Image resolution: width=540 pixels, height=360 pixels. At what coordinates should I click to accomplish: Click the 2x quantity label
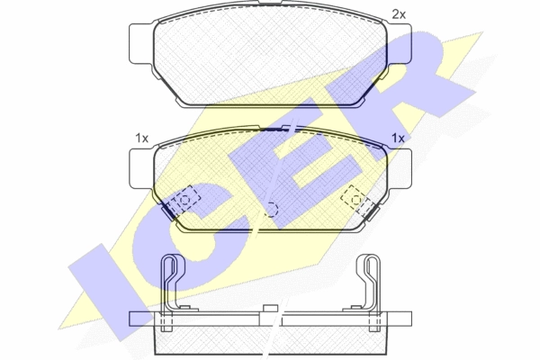(399, 14)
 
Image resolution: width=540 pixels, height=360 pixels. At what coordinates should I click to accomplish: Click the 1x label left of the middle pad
(141, 139)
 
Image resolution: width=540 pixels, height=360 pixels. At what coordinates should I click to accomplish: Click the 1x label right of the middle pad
(398, 139)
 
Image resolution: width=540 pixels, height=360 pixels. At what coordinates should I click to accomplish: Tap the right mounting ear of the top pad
(400, 44)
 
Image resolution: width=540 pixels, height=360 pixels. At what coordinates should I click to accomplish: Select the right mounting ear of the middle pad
(400, 169)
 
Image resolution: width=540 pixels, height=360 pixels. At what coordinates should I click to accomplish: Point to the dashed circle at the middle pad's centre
(272, 210)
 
